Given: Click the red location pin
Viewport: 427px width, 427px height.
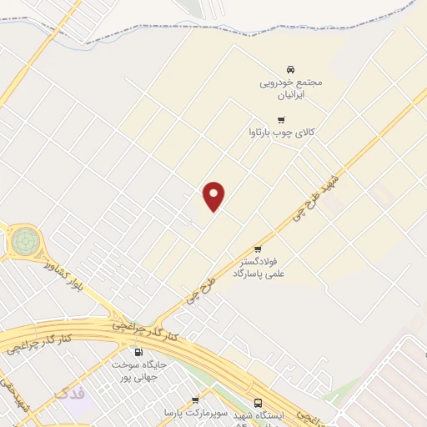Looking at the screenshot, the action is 214,196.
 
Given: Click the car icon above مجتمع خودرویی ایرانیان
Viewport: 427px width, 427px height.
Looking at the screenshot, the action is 289,68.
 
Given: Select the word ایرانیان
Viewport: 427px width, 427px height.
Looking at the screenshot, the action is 290,95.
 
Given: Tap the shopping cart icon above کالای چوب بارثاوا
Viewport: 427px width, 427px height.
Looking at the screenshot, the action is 281,119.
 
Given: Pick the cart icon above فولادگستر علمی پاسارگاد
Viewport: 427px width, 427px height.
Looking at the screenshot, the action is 258,249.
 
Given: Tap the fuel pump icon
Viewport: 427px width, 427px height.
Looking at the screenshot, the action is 138,352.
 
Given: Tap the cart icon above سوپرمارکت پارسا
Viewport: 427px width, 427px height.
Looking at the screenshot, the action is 195,400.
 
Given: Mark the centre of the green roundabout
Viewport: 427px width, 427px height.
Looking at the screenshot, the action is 23,243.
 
